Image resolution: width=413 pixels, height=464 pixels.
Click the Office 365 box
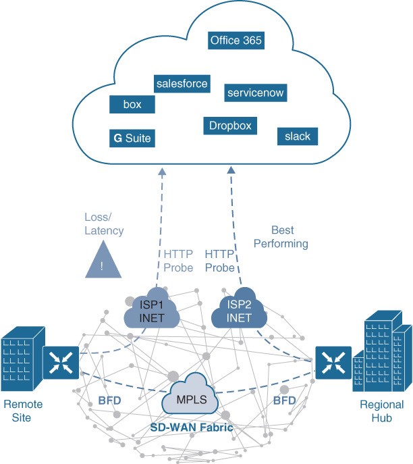(x=236, y=41)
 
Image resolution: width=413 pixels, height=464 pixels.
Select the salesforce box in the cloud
(x=182, y=84)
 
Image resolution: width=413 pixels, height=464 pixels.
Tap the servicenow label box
(x=256, y=93)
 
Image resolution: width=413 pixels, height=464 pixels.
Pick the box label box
(x=132, y=104)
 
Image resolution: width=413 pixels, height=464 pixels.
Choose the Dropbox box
(x=230, y=126)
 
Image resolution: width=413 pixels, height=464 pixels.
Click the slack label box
(x=298, y=136)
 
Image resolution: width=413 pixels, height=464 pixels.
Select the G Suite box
(x=132, y=138)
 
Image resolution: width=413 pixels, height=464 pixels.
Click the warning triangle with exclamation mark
(x=103, y=261)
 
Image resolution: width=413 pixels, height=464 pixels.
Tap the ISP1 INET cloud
(x=152, y=309)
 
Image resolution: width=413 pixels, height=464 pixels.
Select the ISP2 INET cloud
(x=239, y=309)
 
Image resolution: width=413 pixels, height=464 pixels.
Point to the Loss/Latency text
(x=104, y=224)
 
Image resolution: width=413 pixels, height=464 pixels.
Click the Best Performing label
(x=281, y=237)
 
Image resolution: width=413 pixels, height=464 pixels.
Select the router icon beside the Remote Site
(x=61, y=363)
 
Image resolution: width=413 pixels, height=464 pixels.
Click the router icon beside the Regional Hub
(x=333, y=363)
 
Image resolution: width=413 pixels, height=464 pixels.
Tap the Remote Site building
(x=23, y=358)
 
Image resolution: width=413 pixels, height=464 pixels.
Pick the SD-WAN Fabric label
(x=192, y=428)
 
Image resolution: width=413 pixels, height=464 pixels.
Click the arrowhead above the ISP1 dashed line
(x=162, y=172)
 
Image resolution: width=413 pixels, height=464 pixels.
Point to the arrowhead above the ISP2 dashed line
(x=231, y=170)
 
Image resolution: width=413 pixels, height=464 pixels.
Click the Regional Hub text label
(x=382, y=411)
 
